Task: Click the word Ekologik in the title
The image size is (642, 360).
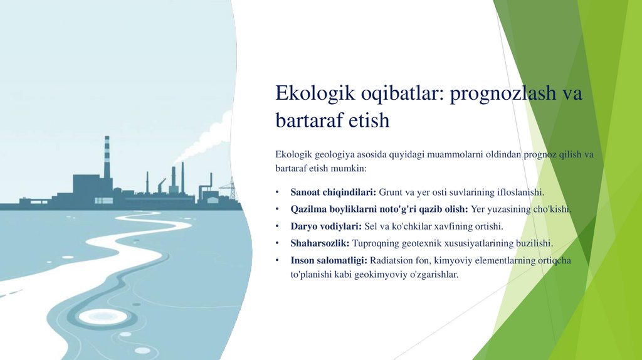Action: coord(315,93)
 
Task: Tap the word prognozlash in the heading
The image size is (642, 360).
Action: coord(503,94)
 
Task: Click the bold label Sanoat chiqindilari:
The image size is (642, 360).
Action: coord(334,192)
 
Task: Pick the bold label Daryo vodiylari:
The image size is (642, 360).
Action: coord(326,226)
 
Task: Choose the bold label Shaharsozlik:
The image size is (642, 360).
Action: coord(320,243)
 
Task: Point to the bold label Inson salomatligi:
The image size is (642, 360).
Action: coord(329,260)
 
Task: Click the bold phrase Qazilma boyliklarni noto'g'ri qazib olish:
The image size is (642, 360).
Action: coord(379,209)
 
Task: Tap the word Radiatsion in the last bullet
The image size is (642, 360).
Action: coord(390,260)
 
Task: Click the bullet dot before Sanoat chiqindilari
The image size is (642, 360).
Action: coord(277,192)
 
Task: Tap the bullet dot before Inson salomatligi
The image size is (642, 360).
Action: coord(277,260)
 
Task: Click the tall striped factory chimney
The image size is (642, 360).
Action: coord(107,157)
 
